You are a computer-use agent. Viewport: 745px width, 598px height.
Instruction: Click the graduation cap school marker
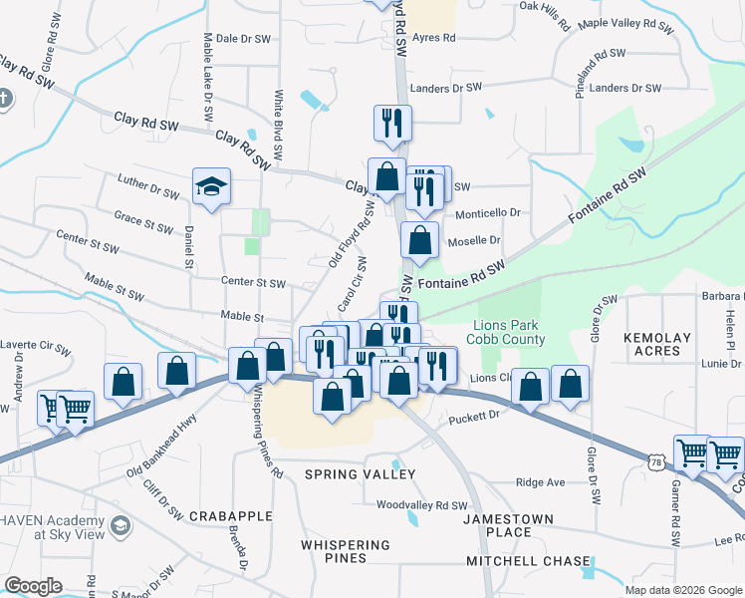[x=211, y=186]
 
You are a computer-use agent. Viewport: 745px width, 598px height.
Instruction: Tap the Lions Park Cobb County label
[x=510, y=333]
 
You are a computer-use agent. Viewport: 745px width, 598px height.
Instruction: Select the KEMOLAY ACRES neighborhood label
[x=656, y=344]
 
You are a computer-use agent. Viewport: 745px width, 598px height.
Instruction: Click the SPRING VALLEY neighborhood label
[x=360, y=473]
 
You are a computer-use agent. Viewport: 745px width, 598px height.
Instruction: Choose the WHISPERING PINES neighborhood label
[x=346, y=552]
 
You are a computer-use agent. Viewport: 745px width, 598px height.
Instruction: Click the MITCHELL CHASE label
[x=529, y=561]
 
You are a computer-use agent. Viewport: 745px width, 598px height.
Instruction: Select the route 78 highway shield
[x=654, y=461]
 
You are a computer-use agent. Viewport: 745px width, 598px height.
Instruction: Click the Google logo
[x=33, y=586]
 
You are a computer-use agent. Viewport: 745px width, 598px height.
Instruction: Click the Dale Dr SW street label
[x=243, y=39]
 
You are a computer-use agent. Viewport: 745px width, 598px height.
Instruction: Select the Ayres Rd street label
[x=432, y=38]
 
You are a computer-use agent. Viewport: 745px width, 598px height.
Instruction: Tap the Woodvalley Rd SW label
[x=421, y=505]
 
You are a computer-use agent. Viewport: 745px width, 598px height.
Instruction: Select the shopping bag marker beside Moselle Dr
[x=420, y=240]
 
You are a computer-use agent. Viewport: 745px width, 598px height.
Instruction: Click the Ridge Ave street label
[x=540, y=482]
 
